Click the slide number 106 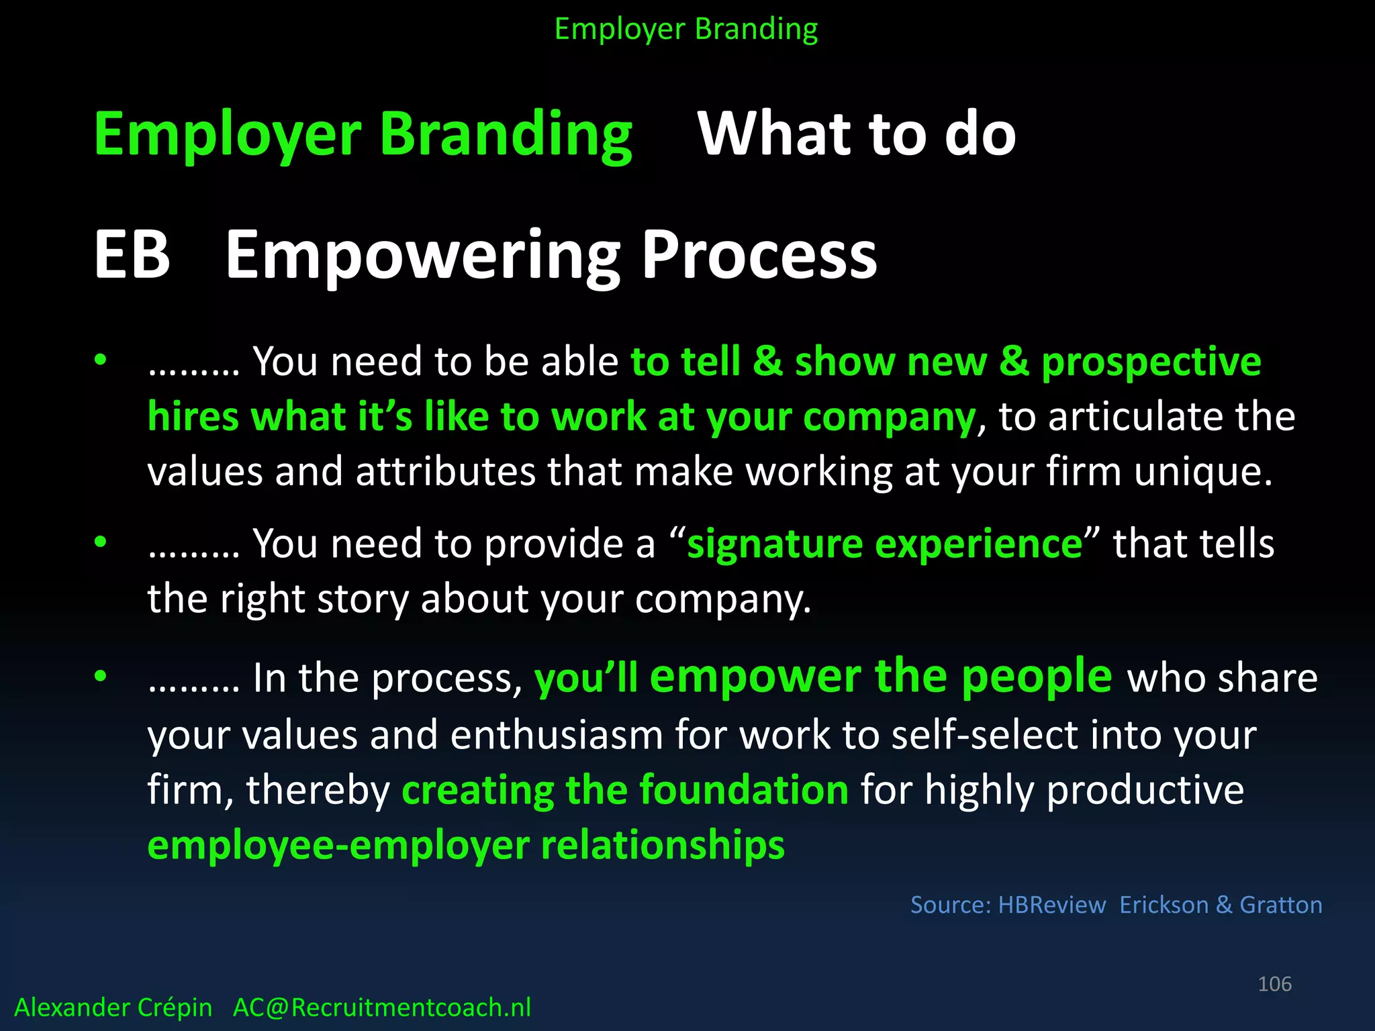(1274, 984)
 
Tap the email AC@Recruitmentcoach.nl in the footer (381, 1008)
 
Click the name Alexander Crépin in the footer (113, 1008)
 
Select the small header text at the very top (686, 30)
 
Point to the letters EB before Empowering (132, 255)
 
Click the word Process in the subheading (759, 255)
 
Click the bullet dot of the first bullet (101, 360)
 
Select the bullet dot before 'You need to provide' (101, 542)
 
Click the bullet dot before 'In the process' (101, 676)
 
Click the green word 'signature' (774, 544)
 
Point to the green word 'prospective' (1151, 363)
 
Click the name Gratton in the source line (1280, 905)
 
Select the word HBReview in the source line (1051, 905)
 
